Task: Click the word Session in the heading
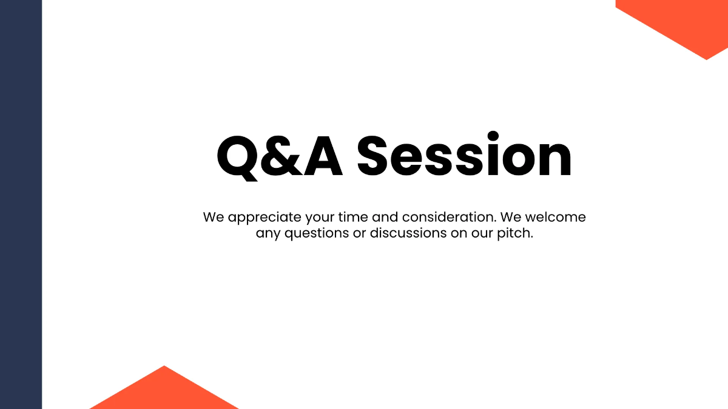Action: click(x=464, y=156)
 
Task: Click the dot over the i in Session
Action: click(x=493, y=136)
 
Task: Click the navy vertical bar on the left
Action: click(x=21, y=204)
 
